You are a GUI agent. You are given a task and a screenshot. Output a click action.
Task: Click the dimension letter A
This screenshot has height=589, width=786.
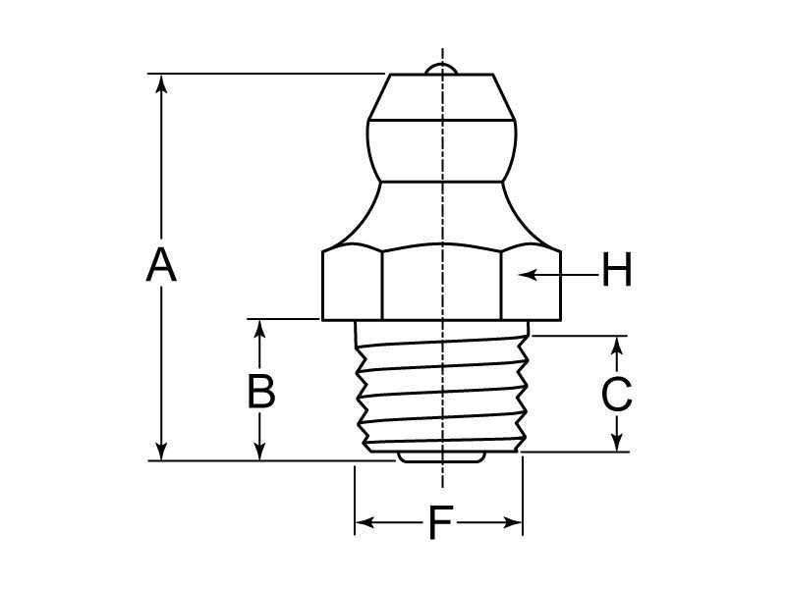161,266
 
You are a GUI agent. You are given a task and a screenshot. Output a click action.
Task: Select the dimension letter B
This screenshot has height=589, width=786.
260,392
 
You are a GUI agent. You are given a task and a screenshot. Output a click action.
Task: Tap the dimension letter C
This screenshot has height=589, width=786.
616,395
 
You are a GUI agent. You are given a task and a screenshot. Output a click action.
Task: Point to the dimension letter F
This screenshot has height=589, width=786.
438,524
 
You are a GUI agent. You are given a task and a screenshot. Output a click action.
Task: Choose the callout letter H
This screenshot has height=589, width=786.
616,271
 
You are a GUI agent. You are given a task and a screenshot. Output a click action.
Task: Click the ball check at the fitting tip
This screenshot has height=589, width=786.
442,68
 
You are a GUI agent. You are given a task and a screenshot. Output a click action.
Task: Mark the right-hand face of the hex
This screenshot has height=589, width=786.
531,285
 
